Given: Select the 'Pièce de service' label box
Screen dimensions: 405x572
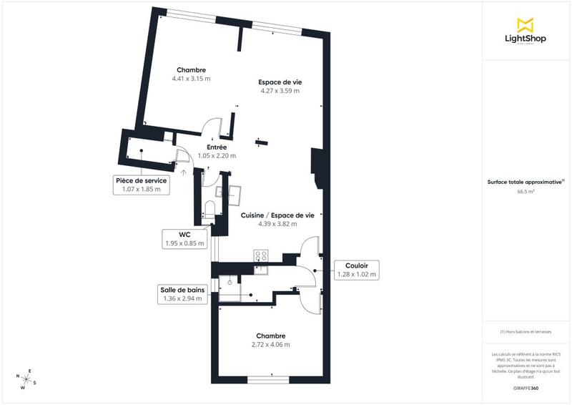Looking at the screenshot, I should pos(142,185).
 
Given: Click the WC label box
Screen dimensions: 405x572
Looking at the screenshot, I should pos(184,238).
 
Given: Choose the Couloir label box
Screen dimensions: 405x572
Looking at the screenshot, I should pos(357,269).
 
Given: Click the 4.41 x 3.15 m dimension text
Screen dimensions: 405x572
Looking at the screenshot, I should pos(191,79).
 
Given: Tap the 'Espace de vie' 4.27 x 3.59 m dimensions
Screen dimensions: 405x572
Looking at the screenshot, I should pos(280,91).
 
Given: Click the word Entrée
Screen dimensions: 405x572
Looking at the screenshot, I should pos(217,147).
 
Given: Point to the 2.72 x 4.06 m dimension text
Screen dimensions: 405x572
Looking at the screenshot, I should pos(270,345).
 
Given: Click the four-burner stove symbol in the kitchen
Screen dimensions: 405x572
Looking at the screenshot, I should pos(261,255).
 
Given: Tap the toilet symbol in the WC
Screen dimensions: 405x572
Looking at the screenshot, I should pos(209,210).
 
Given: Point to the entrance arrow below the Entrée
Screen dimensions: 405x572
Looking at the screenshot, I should pos(184,172).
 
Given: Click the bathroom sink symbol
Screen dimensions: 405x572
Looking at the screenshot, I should pos(230,282).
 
